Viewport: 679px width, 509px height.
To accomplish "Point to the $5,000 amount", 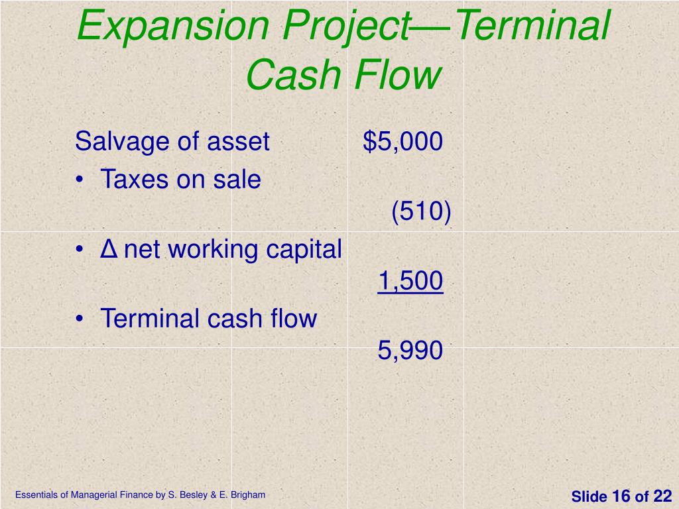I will pos(402,141).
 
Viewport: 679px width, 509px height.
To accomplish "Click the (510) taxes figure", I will pos(421,212).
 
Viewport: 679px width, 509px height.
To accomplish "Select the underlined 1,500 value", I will pos(410,281).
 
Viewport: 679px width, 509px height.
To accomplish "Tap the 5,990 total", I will pos(410,351).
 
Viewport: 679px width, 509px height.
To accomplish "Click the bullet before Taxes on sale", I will pos(80,180).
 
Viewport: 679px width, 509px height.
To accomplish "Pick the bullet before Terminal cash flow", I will pos(80,319).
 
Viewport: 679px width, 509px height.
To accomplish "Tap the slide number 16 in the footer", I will pos(621,496).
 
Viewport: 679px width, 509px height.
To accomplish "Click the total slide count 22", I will pos(662,496).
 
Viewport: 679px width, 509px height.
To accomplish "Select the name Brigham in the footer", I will pos(249,494).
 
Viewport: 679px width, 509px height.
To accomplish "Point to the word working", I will pos(215,250).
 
